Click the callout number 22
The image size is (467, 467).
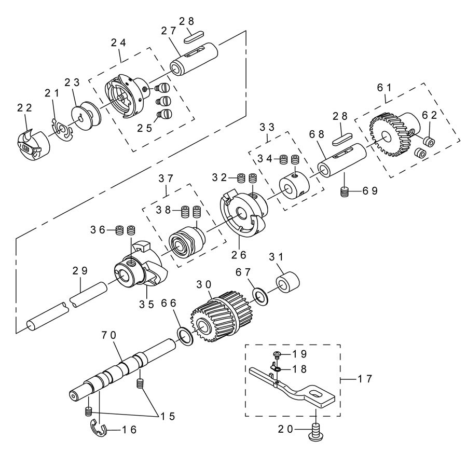[24, 108]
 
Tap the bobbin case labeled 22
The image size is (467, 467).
[33, 145]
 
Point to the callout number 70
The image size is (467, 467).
[109, 335]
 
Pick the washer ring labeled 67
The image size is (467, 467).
[260, 296]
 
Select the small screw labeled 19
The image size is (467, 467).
[277, 354]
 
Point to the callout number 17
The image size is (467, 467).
[365, 379]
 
